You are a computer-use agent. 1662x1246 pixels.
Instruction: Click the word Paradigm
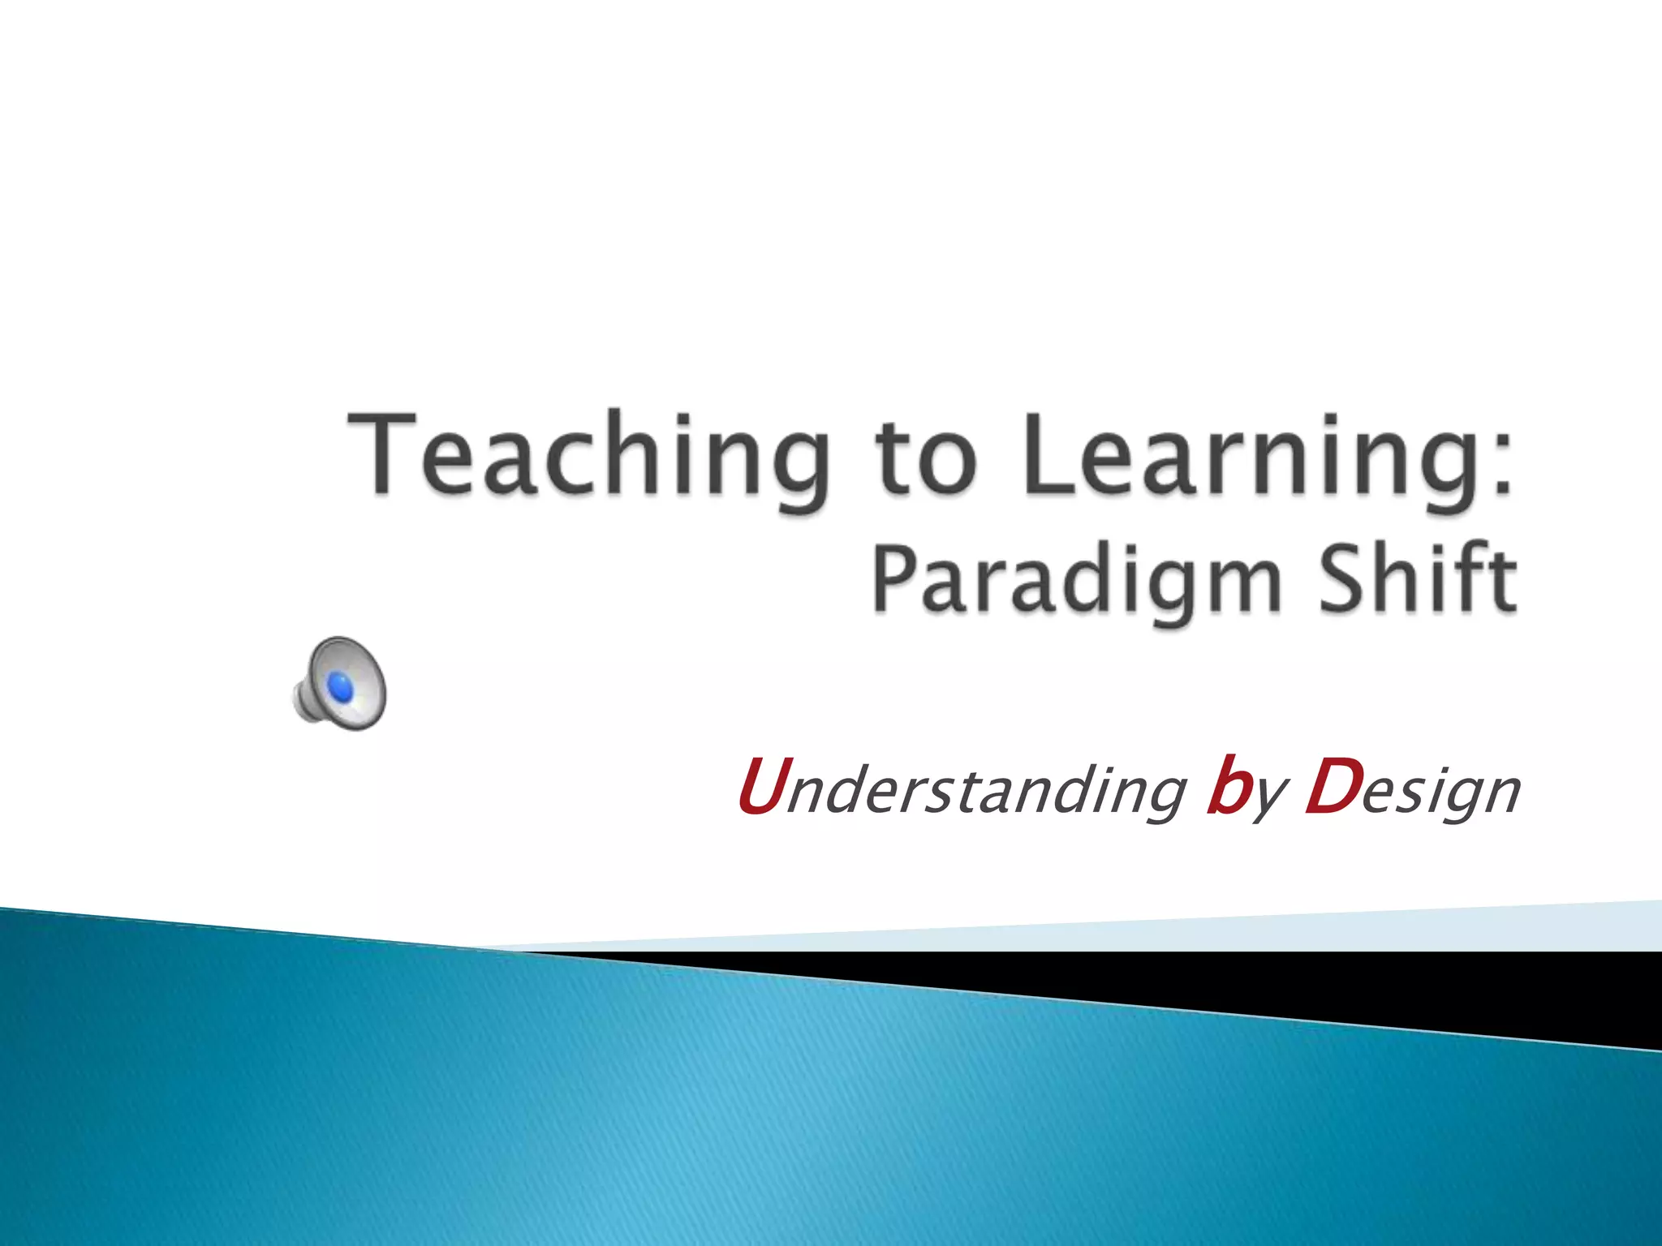pos(1076,581)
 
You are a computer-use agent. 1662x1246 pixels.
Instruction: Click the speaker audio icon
pos(339,683)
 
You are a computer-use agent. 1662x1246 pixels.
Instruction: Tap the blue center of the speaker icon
pos(341,688)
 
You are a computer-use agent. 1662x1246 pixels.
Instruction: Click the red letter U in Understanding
pos(761,785)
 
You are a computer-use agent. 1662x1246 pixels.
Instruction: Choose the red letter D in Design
pos(1331,785)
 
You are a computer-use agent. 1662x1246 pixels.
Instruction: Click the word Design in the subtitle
pos(1412,790)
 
